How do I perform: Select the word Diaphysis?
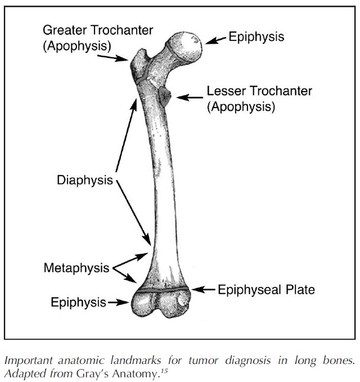(85, 180)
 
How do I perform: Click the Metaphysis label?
(76, 268)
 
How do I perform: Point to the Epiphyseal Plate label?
(266, 290)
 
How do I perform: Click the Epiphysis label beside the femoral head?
(256, 37)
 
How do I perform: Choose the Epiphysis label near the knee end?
(78, 302)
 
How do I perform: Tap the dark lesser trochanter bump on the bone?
(164, 96)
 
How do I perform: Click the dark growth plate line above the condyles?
(162, 290)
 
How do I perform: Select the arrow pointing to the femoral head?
(215, 40)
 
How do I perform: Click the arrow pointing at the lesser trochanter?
(190, 97)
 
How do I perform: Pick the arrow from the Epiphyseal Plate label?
(203, 290)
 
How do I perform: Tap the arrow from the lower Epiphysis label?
(118, 302)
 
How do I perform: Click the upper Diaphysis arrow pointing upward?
(126, 135)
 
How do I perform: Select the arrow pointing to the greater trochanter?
(112, 58)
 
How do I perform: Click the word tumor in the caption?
(203, 360)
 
